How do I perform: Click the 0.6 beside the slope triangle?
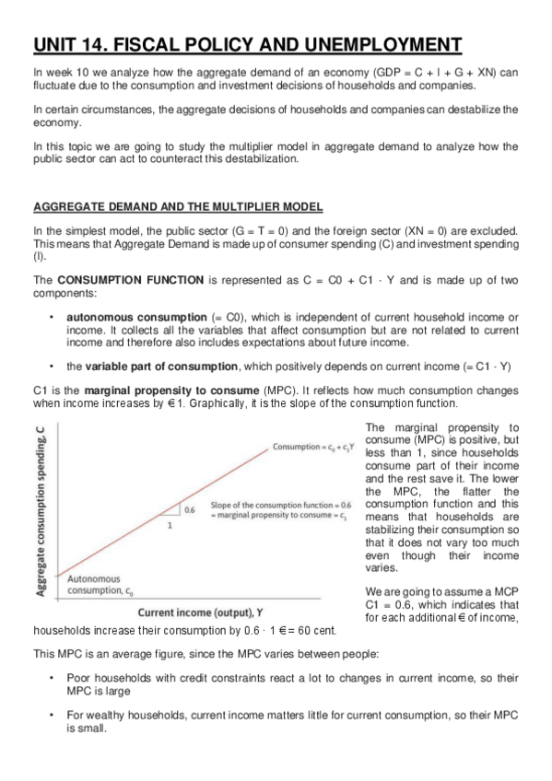tap(190, 507)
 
